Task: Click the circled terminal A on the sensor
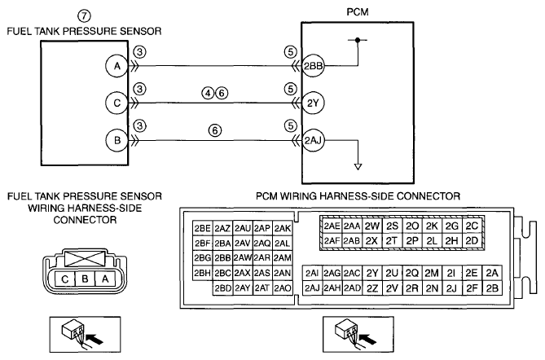click(x=117, y=66)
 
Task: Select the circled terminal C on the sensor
click(x=117, y=103)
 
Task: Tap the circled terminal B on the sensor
click(x=117, y=140)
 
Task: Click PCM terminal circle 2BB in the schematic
click(x=313, y=66)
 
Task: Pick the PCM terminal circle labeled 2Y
click(x=313, y=103)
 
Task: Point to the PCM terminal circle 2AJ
click(x=313, y=140)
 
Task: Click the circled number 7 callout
click(x=84, y=16)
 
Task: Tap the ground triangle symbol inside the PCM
click(x=358, y=167)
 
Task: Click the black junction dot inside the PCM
click(x=358, y=40)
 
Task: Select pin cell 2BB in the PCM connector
click(x=222, y=258)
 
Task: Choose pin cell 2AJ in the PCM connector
click(x=312, y=288)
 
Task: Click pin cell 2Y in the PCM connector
click(x=372, y=273)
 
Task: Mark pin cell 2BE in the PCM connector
click(x=203, y=228)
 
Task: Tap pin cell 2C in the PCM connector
click(x=472, y=226)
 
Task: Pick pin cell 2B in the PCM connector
click(x=492, y=288)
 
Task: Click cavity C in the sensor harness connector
click(x=65, y=279)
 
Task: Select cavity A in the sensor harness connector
click(x=105, y=279)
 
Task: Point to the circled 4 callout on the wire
click(x=209, y=93)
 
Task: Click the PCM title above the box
click(x=358, y=12)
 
